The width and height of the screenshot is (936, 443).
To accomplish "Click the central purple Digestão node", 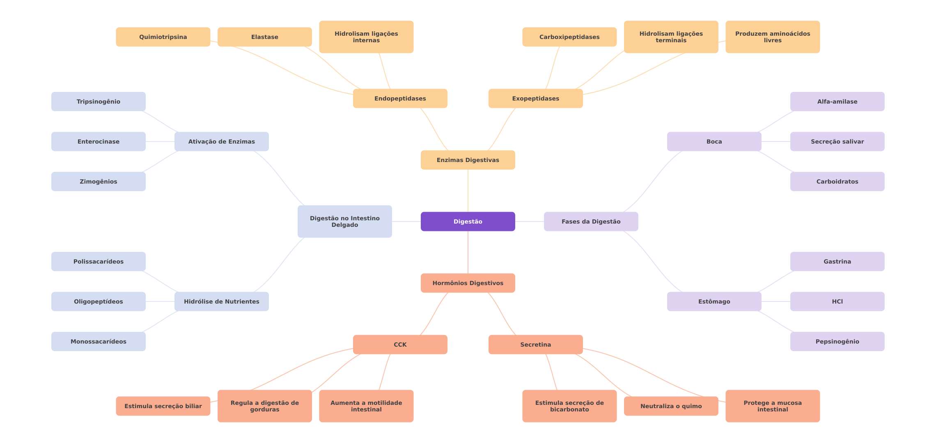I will (468, 221).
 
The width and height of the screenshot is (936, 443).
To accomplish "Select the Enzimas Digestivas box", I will (468, 160).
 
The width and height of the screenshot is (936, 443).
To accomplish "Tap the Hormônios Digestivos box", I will (468, 283).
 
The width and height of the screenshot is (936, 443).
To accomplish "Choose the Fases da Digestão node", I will (591, 221).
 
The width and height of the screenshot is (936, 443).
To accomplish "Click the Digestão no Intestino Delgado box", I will (344, 221).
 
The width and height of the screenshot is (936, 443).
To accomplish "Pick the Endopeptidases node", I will (400, 98).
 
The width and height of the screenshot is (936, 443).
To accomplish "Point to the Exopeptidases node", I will (535, 98).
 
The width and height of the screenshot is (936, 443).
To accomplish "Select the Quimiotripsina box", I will (163, 37).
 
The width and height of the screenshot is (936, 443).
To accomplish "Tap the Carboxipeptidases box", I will (569, 37).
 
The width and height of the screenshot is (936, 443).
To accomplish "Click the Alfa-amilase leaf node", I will (837, 102).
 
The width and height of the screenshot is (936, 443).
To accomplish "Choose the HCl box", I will (837, 301).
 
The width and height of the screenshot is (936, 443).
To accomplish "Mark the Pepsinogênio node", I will (837, 341).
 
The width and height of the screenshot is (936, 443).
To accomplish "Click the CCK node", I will (400, 345).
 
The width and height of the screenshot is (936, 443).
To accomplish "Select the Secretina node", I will (535, 345).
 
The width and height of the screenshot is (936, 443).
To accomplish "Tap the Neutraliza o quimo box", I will (671, 406).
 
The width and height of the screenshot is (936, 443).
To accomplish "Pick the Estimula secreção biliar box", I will (163, 406).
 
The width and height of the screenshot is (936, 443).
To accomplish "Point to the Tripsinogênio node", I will (98, 102).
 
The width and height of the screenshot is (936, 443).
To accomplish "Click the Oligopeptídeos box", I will (98, 301).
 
